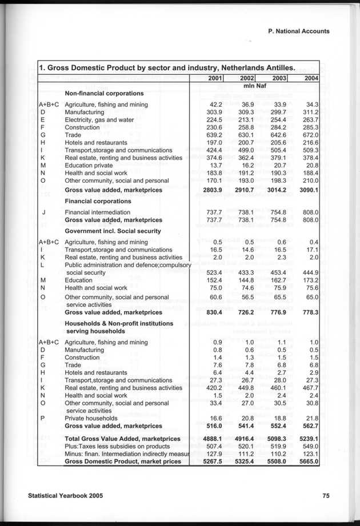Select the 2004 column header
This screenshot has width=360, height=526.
[x=311, y=78]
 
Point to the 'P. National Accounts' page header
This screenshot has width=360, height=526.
[x=298, y=31]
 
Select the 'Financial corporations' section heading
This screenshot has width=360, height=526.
[x=98, y=201]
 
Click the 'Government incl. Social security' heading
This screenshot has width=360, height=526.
[x=113, y=230]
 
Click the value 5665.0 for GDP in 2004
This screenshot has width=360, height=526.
[x=308, y=461]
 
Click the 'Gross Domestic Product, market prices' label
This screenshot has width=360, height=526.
[x=123, y=461]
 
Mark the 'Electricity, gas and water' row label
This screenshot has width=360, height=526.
[x=99, y=120]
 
